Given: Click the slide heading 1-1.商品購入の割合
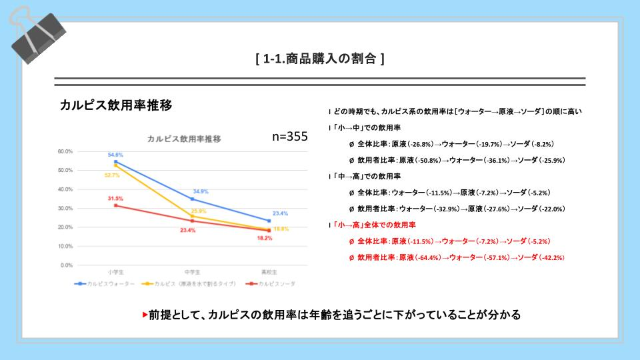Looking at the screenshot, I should (320, 59).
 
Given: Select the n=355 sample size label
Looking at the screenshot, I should (290, 136).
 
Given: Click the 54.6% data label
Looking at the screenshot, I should (116, 155).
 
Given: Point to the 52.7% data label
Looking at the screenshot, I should (111, 175).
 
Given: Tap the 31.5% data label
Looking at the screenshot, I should (116, 198).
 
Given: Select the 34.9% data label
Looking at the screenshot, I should (201, 191).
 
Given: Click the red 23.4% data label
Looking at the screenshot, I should (188, 230).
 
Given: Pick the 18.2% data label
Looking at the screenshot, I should (265, 238).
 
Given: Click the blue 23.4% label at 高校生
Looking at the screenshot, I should (280, 213).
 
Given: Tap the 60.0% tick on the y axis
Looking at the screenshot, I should (65, 151).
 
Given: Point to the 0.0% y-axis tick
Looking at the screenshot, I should (67, 265).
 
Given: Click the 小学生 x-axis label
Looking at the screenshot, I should (115, 272).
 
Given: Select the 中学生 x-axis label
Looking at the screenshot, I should (192, 272).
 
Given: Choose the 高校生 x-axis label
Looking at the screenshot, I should (269, 272).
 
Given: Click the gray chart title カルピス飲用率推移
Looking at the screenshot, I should (184, 139).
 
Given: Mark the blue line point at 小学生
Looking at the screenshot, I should (115, 161).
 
